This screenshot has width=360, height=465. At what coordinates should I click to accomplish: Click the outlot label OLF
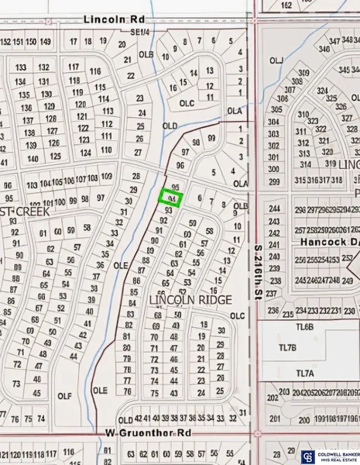[64, 395]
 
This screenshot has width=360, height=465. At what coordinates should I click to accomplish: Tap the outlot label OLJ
[276, 60]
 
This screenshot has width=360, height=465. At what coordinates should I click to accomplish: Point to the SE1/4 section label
[140, 33]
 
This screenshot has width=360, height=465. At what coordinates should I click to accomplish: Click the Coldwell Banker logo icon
[307, 456]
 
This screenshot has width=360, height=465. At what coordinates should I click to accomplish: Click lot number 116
[95, 71]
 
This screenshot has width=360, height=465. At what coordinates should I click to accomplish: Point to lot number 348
[334, 40]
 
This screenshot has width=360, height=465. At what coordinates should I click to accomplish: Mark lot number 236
[273, 310]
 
